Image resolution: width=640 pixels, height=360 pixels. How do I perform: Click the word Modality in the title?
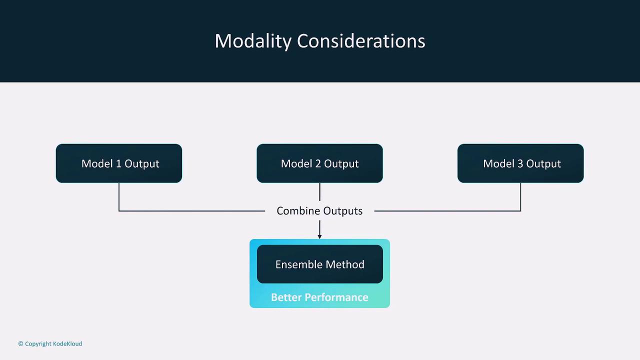coord(253,41)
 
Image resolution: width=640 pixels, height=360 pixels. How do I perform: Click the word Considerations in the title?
coord(361,41)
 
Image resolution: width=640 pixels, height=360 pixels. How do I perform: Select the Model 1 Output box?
coord(119,163)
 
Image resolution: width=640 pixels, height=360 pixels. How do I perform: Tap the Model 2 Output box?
coord(319,163)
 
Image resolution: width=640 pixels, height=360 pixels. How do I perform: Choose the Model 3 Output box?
coord(520,163)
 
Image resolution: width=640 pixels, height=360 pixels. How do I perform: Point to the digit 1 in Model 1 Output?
coord(118,163)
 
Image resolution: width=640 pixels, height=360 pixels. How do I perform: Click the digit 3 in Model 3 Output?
coord(520,163)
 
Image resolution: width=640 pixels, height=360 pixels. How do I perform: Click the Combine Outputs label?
coord(319,211)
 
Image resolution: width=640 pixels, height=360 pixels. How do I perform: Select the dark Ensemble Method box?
coord(319,264)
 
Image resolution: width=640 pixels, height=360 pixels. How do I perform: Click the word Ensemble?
coord(298,264)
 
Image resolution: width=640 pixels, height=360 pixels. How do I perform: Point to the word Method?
coord(345,264)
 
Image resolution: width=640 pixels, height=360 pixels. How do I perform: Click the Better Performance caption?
coord(319,297)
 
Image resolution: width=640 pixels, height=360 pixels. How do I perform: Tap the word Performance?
coord(336,297)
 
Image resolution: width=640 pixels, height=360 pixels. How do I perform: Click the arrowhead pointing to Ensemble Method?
coord(319,236)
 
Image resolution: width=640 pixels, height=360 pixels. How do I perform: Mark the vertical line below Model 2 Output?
coord(319,192)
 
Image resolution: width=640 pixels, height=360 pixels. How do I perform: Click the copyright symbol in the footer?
coord(20,343)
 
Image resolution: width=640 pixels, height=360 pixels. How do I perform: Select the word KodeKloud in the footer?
coord(67,343)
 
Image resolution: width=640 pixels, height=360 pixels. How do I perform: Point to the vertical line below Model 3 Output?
coord(520,197)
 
